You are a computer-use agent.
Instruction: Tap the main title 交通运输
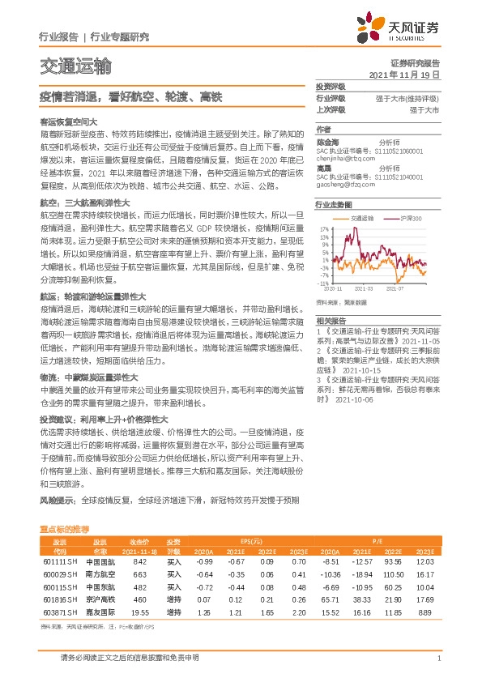[75, 64]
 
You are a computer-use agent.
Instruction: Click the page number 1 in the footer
[438, 658]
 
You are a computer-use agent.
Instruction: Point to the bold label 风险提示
[57, 501]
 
